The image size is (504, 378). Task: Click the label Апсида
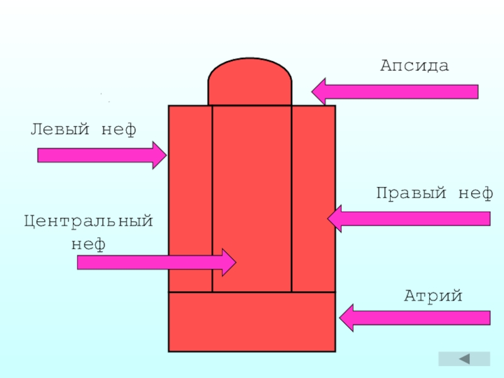[414, 66]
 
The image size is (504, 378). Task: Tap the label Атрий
[433, 295]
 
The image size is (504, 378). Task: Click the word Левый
[60, 130]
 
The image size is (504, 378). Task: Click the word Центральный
[89, 222]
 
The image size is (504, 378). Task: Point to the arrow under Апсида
[395, 91]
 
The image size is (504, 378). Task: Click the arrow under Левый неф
[101, 155]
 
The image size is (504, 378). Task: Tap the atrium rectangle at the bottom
[252, 321]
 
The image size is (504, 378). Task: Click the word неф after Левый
[118, 130]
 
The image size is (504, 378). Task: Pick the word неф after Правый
[476, 193]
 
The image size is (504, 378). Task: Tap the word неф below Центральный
[88, 243]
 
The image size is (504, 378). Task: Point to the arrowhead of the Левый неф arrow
[159, 155]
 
